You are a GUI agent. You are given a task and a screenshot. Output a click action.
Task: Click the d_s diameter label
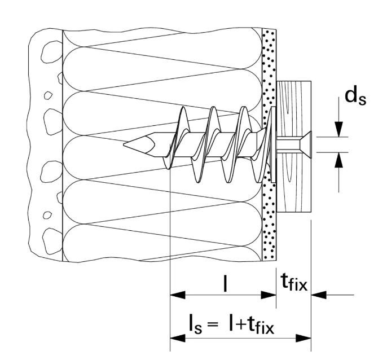[356, 98]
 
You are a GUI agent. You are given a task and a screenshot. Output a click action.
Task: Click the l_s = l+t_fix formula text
[231, 324]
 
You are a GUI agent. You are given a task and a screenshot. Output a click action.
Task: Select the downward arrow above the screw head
[339, 129]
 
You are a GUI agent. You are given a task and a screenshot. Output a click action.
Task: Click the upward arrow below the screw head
[339, 160]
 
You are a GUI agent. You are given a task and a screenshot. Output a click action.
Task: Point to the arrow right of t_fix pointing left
[319, 294]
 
